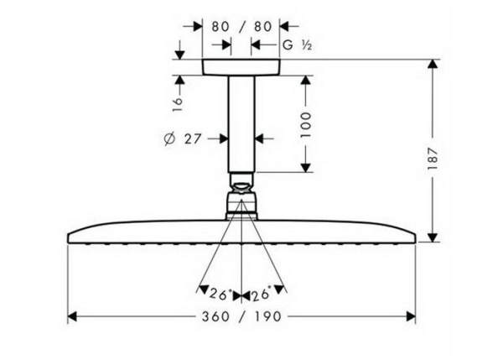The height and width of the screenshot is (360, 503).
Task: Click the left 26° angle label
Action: (x=219, y=294)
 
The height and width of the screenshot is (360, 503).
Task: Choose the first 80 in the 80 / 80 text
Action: (x=221, y=26)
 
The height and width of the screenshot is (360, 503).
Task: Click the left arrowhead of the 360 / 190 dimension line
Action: (x=72, y=316)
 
